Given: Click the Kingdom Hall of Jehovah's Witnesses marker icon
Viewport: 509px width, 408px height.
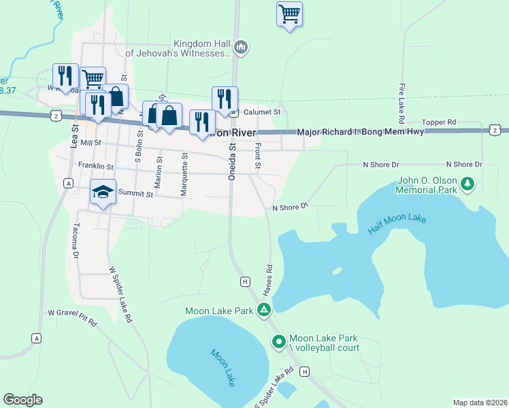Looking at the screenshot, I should tap(240, 47).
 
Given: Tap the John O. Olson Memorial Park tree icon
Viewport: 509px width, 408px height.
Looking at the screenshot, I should tap(467, 184).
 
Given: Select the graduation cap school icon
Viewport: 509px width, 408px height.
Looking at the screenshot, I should tap(103, 192).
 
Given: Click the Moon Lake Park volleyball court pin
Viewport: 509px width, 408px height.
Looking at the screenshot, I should tap(278, 342).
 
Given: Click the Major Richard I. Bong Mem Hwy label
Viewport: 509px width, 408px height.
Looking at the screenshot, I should tap(361, 131).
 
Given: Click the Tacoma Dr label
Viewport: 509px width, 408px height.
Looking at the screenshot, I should tap(76, 241).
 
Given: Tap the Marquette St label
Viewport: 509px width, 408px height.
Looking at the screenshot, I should tap(184, 174).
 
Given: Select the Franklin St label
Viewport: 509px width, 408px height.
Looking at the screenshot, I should tap(95, 165).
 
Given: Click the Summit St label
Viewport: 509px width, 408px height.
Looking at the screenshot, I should tap(134, 193).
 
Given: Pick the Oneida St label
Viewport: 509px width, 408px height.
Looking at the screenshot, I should tap(231, 160).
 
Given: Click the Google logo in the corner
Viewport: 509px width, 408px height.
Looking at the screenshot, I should tap(23, 400).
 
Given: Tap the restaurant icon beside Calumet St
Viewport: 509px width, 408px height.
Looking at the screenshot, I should tap(224, 99).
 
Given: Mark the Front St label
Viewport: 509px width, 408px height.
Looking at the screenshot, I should tap(257, 156).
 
